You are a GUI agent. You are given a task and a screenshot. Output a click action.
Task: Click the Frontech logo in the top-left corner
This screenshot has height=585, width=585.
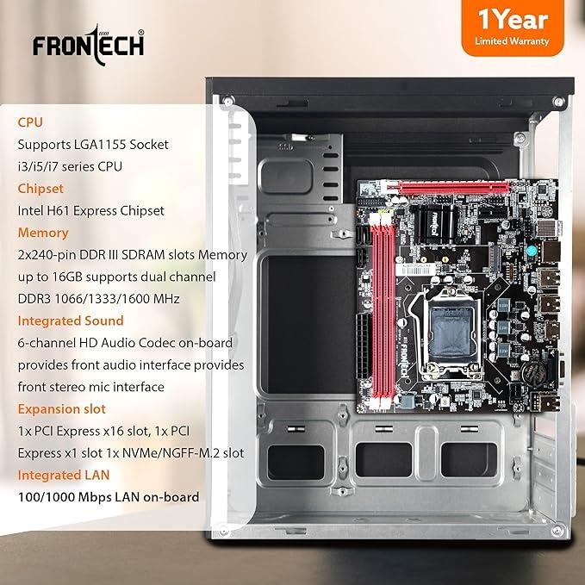click(x=89, y=46)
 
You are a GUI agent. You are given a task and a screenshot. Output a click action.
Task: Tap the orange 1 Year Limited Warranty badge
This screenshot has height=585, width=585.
click(x=513, y=28)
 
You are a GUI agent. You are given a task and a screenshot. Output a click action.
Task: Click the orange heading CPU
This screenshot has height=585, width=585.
click(x=30, y=122)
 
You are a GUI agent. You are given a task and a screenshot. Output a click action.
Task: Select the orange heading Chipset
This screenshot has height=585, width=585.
click(x=40, y=189)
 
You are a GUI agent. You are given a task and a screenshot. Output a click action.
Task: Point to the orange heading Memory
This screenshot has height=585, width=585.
click(x=43, y=233)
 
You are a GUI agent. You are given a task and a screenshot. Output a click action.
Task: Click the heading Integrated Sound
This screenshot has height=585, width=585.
click(x=71, y=321)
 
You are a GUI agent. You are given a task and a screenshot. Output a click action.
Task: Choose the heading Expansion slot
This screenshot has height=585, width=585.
click(x=61, y=409)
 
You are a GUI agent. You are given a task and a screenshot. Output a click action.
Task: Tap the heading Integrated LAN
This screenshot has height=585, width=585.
click(x=64, y=475)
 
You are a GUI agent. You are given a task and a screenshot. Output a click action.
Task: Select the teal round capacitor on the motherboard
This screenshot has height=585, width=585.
click(x=532, y=251)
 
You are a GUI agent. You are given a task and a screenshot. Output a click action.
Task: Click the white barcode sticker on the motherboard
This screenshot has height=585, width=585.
click(x=415, y=270)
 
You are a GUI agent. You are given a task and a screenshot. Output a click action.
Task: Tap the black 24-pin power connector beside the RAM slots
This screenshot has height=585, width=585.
click(x=364, y=346)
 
